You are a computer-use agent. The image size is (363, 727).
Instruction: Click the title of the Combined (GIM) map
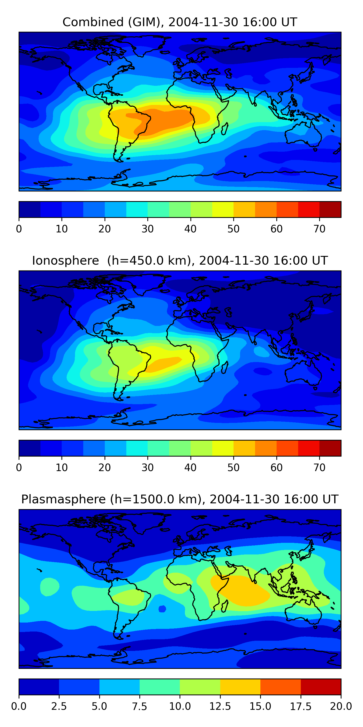pyautogui.click(x=180, y=22)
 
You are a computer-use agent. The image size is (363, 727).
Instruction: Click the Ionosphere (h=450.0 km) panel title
pyautogui.click(x=180, y=261)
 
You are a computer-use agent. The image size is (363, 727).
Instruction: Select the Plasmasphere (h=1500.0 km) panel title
pyautogui.click(x=180, y=499)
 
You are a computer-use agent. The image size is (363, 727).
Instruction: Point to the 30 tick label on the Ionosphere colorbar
pyautogui.click(x=147, y=468)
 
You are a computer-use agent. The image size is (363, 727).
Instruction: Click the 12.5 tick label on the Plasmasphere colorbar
pyautogui.click(x=220, y=706)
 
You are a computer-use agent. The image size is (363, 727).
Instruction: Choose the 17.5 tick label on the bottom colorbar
pyautogui.click(x=301, y=706)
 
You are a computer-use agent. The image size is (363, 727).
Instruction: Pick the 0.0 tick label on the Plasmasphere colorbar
pyautogui.click(x=19, y=706)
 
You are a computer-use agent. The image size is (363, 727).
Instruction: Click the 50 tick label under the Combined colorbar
pyautogui.click(x=233, y=229)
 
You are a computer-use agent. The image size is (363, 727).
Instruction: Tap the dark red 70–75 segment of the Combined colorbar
pyautogui.click(x=330, y=209)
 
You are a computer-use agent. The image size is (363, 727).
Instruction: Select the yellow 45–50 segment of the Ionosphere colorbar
pyautogui.click(x=223, y=448)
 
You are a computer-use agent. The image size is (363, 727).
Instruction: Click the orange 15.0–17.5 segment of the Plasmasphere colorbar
pyautogui.click(x=280, y=687)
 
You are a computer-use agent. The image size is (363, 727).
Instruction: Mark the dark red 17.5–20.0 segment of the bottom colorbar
pyautogui.click(x=321, y=687)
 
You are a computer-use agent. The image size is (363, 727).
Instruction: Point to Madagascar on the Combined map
pyautogui.click(x=225, y=129)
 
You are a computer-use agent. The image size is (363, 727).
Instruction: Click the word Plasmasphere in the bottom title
pyautogui.click(x=63, y=499)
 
